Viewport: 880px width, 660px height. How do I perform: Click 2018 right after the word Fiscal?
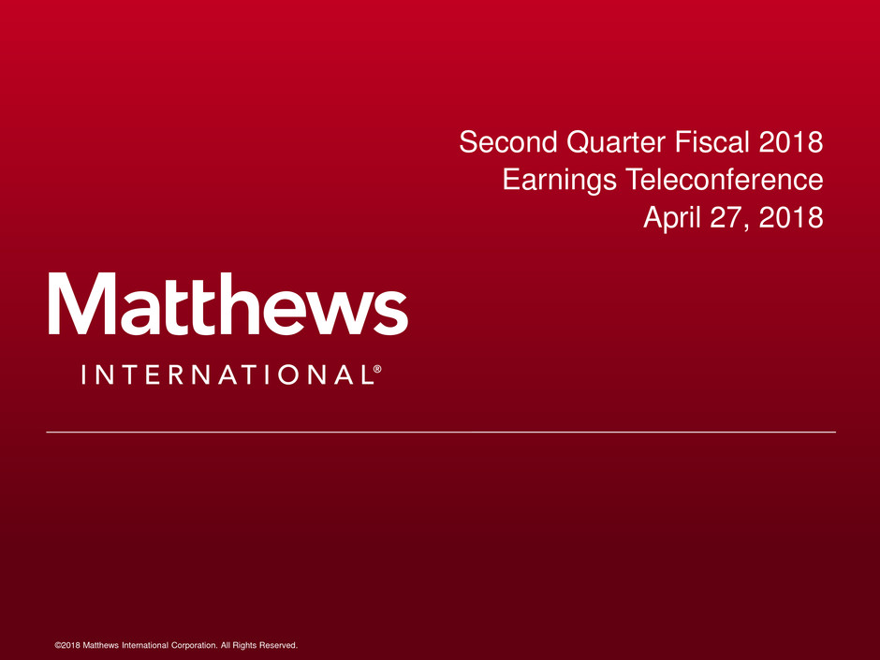tap(791, 141)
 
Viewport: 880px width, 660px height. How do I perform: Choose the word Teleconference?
tap(724, 180)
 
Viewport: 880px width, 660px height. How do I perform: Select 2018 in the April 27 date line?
tap(791, 217)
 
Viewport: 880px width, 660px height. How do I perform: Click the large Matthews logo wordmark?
tap(227, 303)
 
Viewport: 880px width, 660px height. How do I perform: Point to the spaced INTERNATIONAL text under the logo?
tap(227, 374)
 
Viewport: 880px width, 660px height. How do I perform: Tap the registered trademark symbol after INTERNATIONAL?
tap(377, 369)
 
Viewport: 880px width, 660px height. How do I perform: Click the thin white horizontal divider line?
tap(441, 433)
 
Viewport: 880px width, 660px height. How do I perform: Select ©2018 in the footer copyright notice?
tap(67, 645)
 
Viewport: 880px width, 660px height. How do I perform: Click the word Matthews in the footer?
tap(100, 645)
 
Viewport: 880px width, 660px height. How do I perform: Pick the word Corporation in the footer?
tap(194, 645)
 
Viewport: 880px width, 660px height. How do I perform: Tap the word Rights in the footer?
tap(244, 645)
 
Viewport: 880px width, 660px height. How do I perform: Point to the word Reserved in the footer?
tap(278, 645)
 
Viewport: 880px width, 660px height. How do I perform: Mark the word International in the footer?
tap(145, 645)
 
